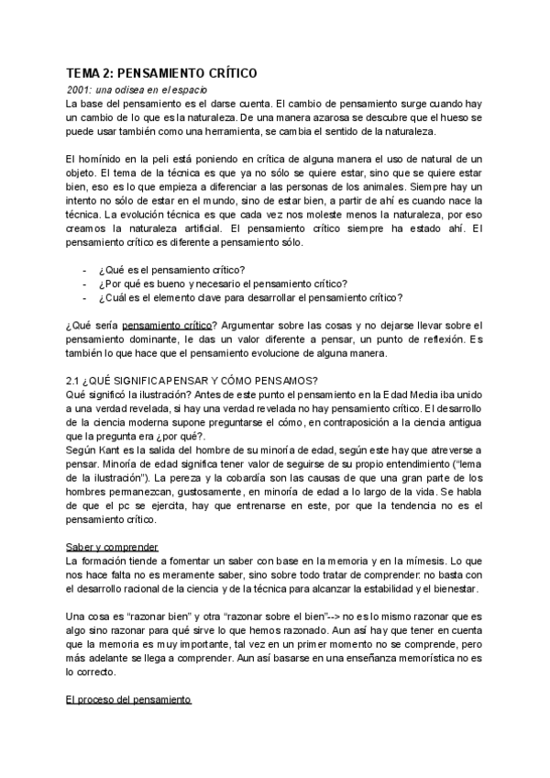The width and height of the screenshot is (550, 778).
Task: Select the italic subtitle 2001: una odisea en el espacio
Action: [x=137, y=89]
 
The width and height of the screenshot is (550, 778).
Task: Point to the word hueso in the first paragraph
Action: [x=462, y=118]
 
